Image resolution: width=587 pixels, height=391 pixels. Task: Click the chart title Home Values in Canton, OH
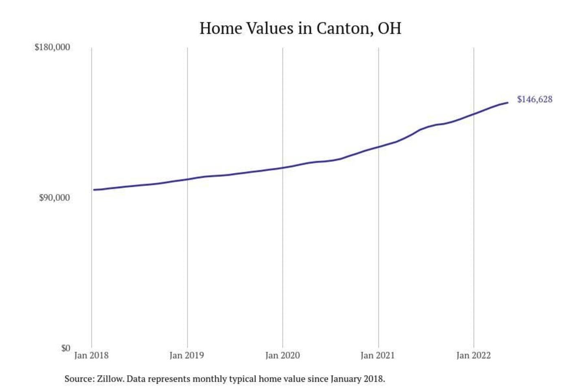300,29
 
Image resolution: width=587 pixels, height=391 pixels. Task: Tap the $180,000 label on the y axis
52,47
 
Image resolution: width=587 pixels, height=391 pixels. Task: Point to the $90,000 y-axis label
54,198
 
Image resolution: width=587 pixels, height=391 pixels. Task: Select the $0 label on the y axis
66,348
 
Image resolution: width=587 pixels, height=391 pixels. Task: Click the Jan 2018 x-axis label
91,356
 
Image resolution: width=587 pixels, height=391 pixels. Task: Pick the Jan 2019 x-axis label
187,356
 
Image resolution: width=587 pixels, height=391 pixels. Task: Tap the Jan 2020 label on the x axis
282,356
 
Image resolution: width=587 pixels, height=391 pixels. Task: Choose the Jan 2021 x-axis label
378,356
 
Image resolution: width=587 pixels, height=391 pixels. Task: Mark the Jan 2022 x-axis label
473,356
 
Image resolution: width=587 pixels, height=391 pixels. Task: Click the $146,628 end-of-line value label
534,99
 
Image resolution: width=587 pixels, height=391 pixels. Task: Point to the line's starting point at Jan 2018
94,190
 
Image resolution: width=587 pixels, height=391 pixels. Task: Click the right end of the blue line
508,103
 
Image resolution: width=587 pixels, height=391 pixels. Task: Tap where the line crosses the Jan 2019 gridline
188,179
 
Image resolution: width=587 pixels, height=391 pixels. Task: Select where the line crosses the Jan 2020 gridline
283,168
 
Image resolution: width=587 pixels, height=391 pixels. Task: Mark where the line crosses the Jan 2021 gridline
378,147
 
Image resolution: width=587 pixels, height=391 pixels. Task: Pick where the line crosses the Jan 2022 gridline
474,114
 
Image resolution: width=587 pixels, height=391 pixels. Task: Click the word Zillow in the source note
110,379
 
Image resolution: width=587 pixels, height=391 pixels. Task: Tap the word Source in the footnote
78,379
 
